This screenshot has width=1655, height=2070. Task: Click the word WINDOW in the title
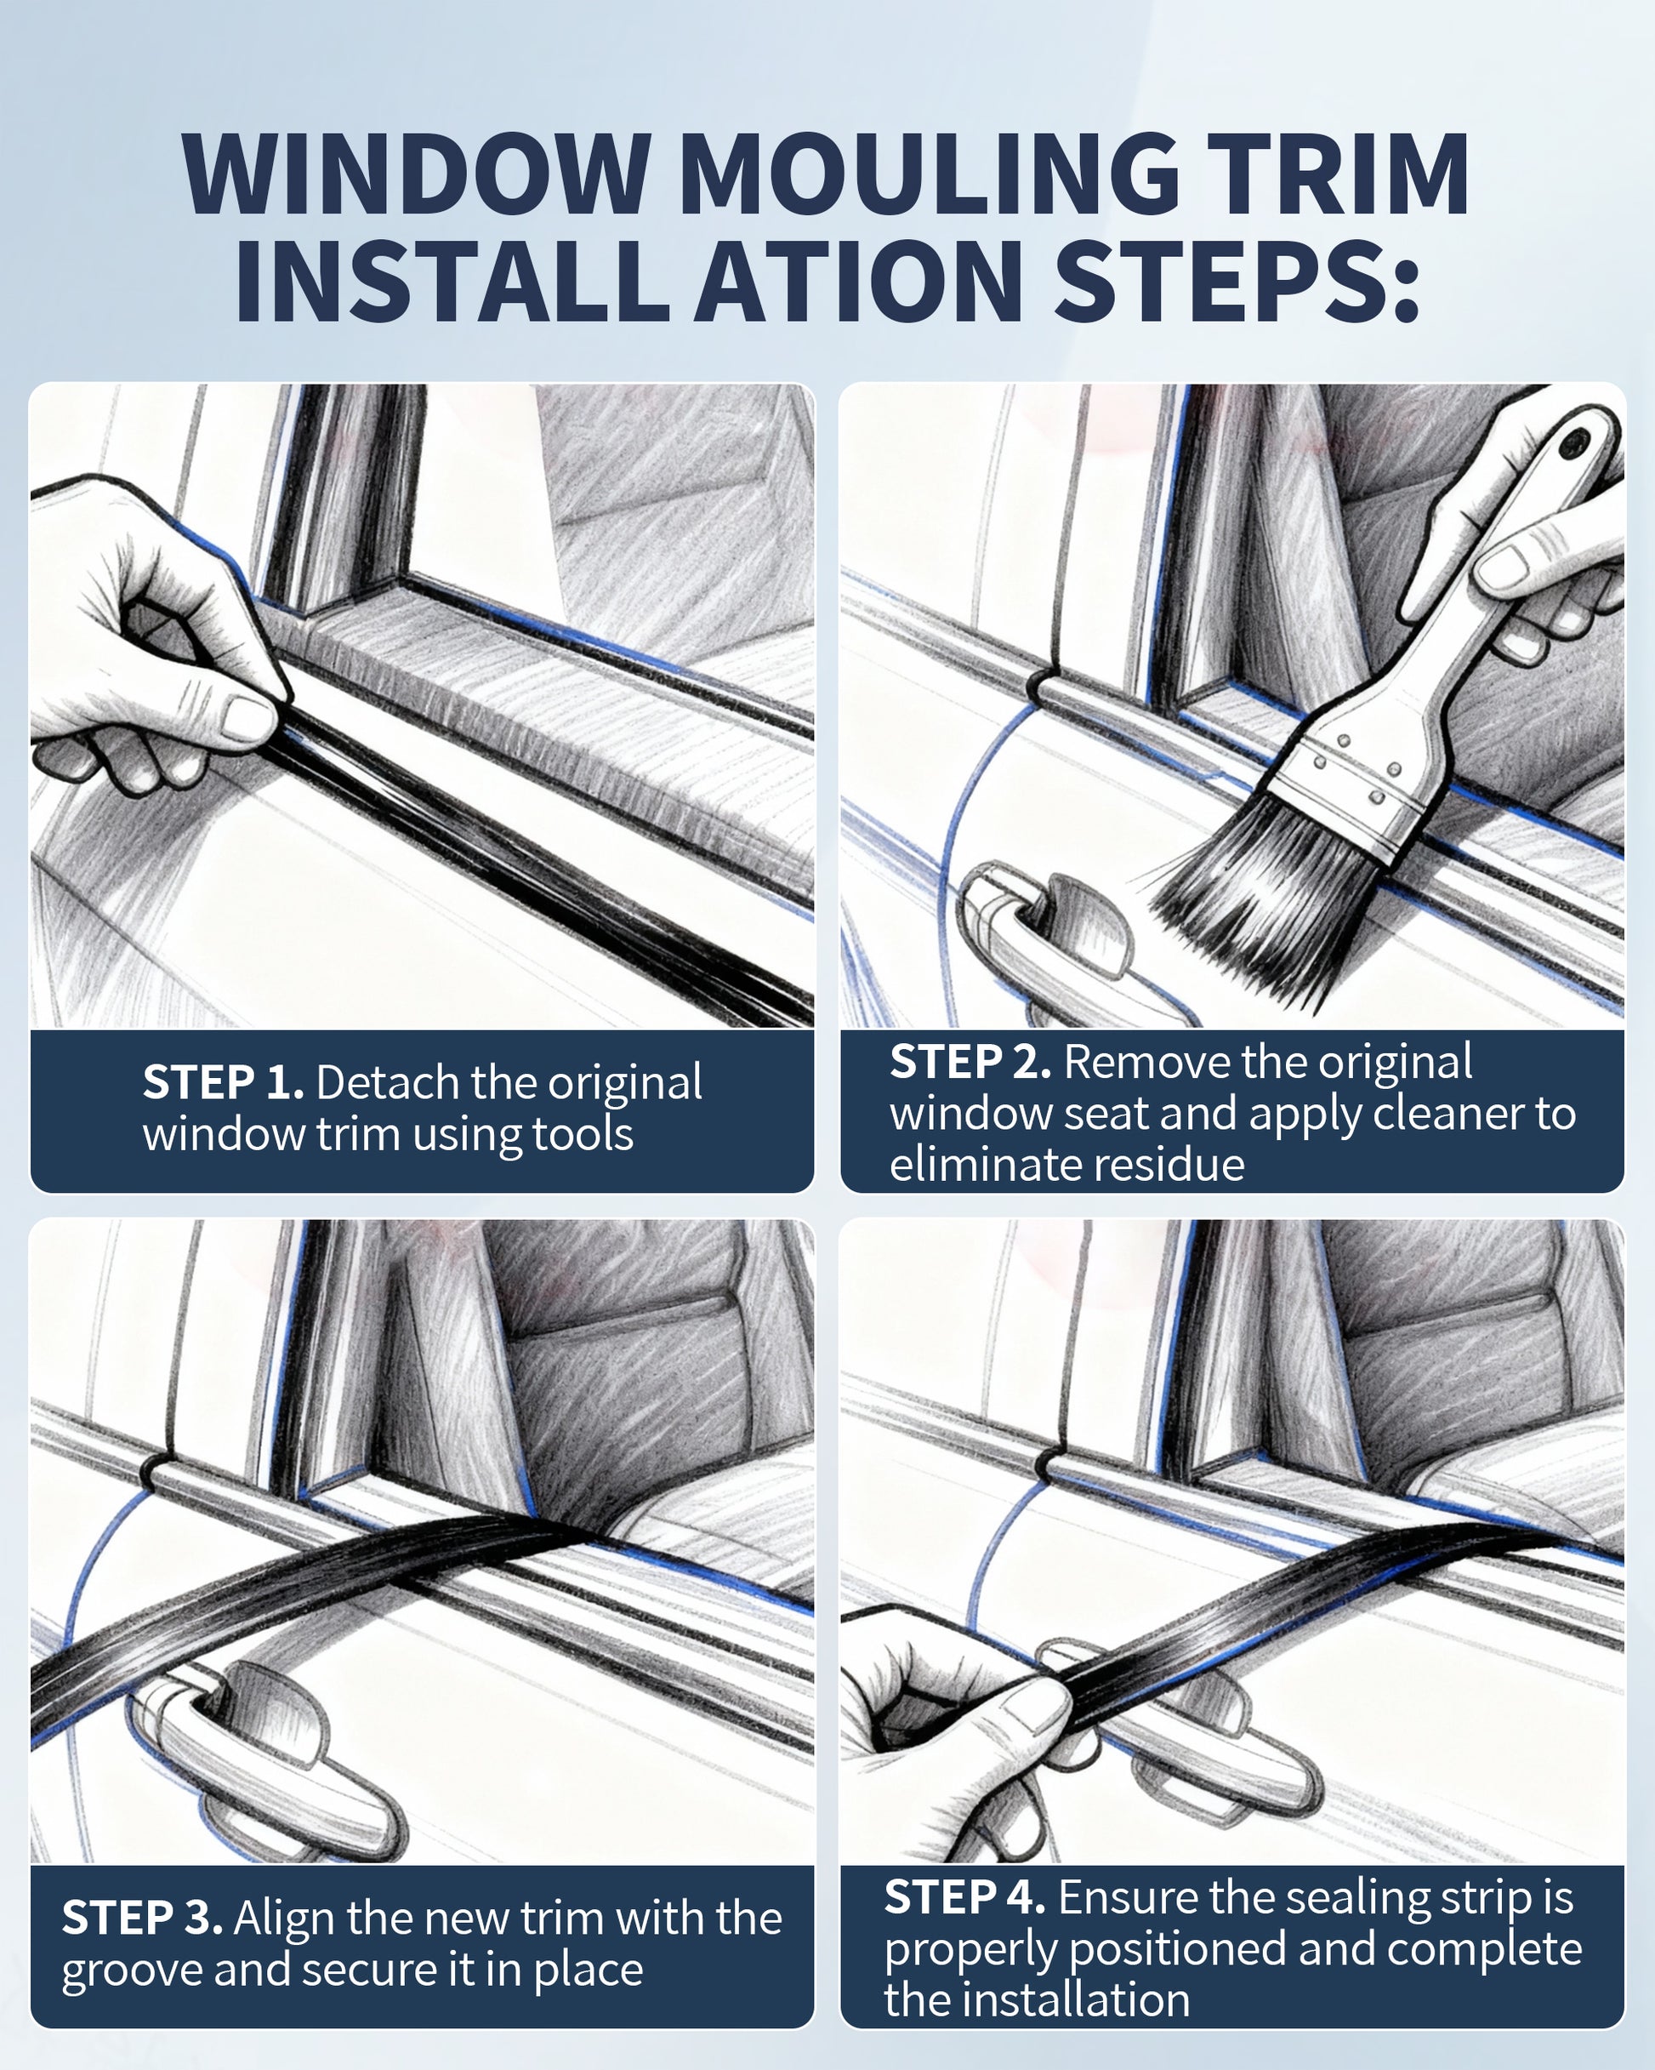click(416, 174)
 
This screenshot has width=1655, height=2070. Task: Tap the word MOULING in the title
click(930, 174)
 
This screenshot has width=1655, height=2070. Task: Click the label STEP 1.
click(224, 1082)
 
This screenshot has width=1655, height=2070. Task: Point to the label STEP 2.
click(970, 1061)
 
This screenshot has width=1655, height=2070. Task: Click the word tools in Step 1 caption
click(583, 1134)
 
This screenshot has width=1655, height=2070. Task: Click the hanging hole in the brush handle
click(1572, 443)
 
